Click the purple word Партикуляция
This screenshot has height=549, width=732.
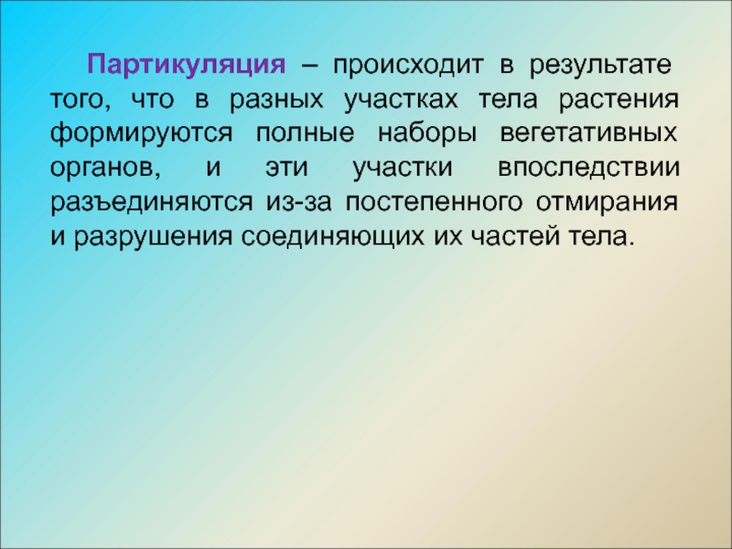[186, 65]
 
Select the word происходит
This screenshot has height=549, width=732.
[407, 65]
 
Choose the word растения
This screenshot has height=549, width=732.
[619, 100]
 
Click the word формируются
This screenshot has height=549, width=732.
[141, 134]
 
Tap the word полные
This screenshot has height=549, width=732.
[305, 134]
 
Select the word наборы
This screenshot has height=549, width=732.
[427, 134]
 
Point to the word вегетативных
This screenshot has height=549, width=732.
[588, 134]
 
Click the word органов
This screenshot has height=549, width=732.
[105, 168]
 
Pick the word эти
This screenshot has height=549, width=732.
[286, 168]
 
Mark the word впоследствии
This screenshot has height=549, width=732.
[588, 168]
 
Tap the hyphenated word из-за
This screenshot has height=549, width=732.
[299, 202]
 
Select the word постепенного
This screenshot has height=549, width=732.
[434, 202]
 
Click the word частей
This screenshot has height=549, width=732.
[515, 237]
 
